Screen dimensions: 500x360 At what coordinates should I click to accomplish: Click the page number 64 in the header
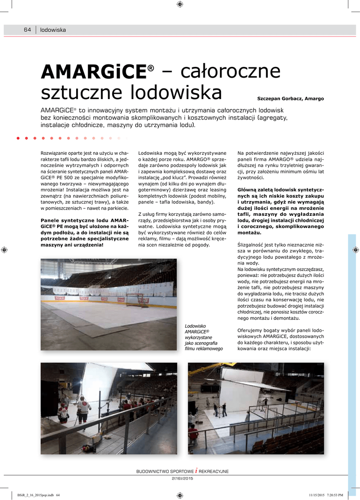point(27,30)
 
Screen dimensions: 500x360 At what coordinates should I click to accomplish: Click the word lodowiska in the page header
point(53,30)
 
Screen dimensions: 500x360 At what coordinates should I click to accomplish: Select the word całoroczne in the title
point(231,72)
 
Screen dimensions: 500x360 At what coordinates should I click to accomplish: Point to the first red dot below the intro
point(18,138)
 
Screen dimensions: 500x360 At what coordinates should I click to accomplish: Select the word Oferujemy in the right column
point(251,331)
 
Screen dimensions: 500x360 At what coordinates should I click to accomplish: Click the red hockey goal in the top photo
point(135,300)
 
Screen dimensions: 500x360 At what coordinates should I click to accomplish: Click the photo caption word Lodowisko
point(196,326)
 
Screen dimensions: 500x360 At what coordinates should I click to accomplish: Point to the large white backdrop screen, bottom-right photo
point(240,388)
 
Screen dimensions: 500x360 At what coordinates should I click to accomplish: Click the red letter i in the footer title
point(196,471)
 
